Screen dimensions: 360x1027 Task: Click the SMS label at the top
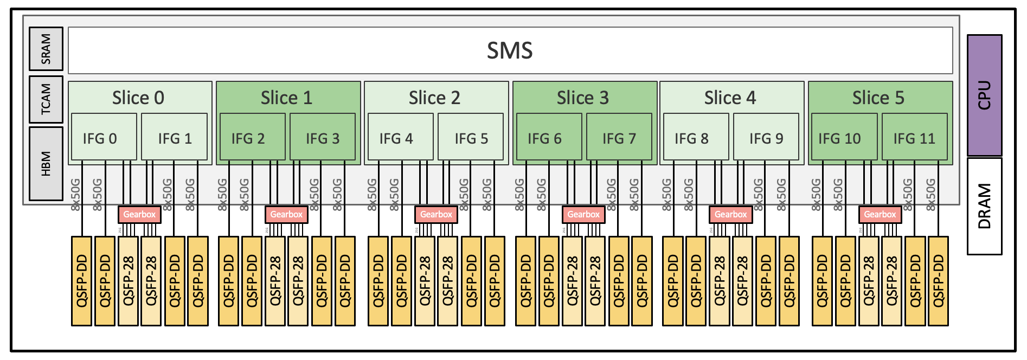coord(510,50)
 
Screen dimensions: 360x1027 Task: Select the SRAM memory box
coord(46,49)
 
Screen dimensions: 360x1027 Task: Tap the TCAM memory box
coord(46,99)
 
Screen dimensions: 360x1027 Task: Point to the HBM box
coord(46,163)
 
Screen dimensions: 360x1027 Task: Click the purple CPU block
coord(984,95)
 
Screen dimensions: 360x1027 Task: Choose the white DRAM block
coord(984,206)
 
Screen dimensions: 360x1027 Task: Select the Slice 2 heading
coord(434,98)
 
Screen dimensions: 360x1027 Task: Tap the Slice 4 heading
coord(730,98)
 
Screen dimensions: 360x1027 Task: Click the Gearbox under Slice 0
coord(139,214)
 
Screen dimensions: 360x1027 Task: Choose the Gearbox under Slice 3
coord(583,214)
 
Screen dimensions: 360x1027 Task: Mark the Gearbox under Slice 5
coord(880,214)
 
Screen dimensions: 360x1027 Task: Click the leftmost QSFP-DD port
coord(82,281)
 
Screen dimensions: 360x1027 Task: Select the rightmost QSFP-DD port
coord(938,281)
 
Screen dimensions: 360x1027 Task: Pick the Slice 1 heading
coord(286,98)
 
